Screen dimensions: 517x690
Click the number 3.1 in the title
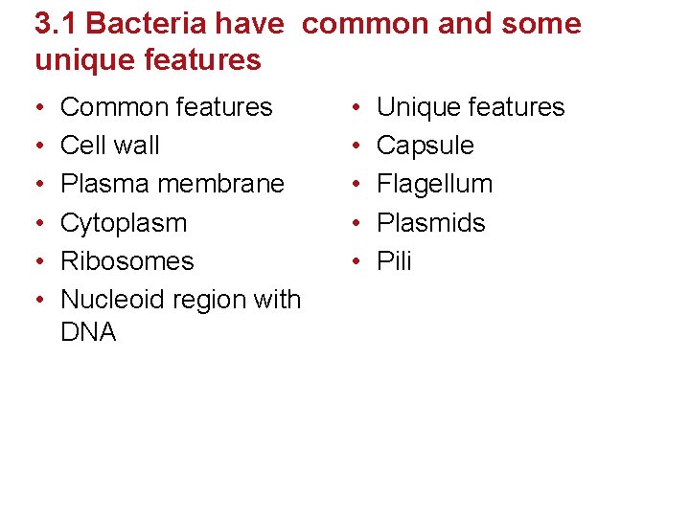[x=53, y=24]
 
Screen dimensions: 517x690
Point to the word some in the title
[x=540, y=24]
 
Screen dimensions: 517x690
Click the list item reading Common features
[x=166, y=107]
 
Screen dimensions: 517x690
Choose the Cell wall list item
[x=109, y=146]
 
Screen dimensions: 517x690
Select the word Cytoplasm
[x=123, y=223]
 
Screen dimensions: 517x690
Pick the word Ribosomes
[x=126, y=261]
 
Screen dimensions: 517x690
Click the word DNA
[x=87, y=332]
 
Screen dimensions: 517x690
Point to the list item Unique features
[x=470, y=107]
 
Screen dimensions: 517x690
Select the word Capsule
[x=425, y=146]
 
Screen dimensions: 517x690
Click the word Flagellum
[x=434, y=184]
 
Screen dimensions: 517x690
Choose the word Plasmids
[x=430, y=223]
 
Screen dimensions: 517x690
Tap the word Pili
[x=394, y=261]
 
